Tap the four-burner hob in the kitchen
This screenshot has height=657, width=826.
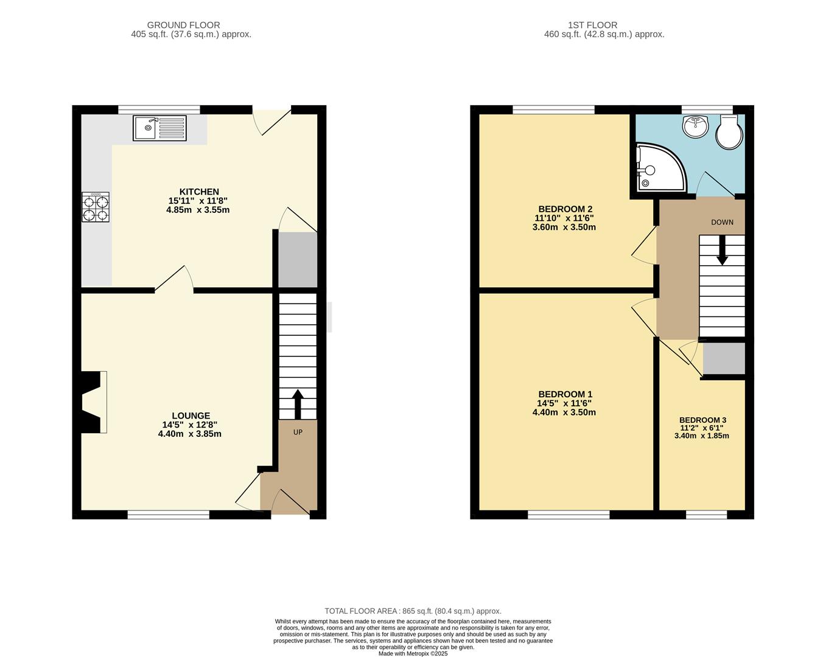[96, 207]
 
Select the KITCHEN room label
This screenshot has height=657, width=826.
[198, 192]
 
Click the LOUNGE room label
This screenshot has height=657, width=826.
[191, 415]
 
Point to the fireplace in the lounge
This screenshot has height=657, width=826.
[93, 402]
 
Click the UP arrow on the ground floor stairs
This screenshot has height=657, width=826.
[298, 403]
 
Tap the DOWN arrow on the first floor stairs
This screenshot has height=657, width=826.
[722, 250]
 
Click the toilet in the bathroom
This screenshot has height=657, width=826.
[729, 132]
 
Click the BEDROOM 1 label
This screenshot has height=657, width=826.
[565, 394]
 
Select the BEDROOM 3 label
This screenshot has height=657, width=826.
[702, 420]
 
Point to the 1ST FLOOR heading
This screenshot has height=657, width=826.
[592, 25]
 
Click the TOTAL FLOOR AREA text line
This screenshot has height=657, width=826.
[413, 611]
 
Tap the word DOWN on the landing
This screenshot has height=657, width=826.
[722, 222]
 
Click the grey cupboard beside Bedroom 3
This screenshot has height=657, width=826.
[724, 358]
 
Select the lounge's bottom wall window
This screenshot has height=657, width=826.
[169, 515]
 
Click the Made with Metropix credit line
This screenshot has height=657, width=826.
[413, 653]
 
